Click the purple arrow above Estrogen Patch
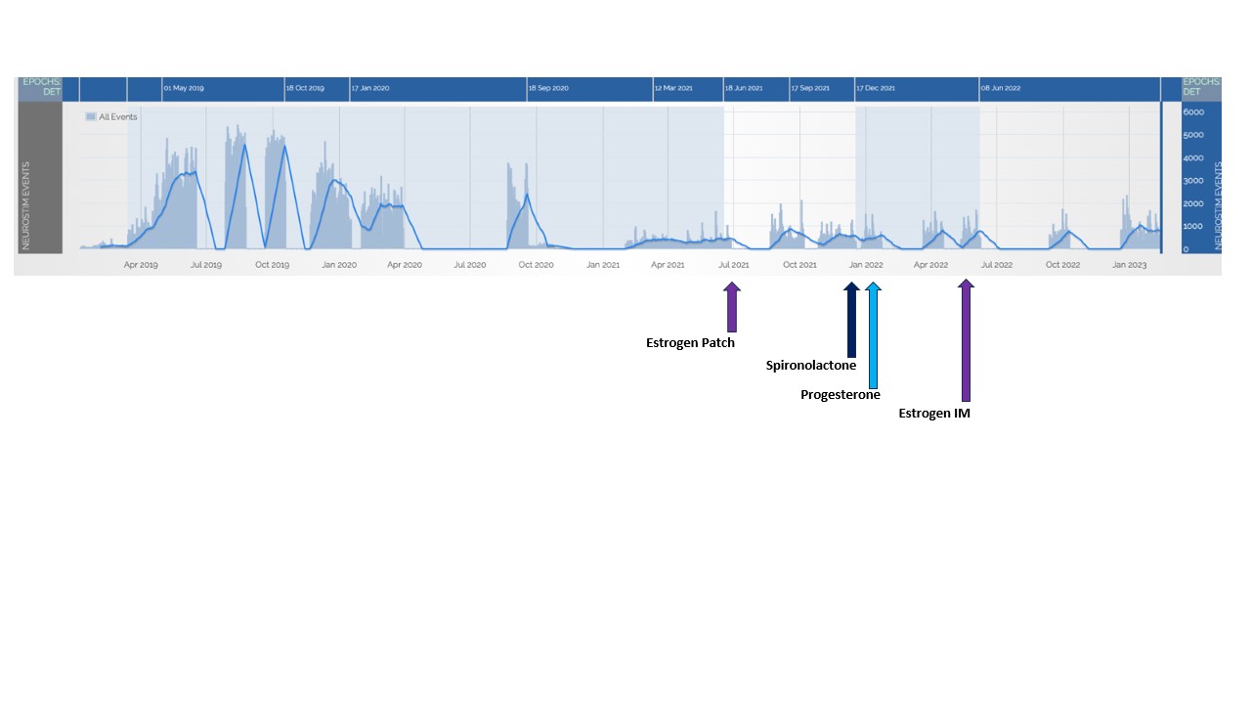(x=731, y=307)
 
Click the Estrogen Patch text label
(x=690, y=343)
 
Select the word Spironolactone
(x=810, y=366)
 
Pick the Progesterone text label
(x=840, y=395)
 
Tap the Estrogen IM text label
(x=934, y=414)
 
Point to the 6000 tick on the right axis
(x=1193, y=112)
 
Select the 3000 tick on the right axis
(x=1193, y=181)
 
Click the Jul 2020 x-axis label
(x=470, y=265)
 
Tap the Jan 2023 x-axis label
(x=1130, y=265)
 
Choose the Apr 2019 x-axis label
(x=141, y=265)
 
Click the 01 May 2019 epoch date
(x=184, y=88)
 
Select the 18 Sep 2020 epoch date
(x=548, y=88)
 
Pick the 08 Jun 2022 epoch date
(x=1001, y=88)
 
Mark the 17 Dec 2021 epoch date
(x=876, y=88)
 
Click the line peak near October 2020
(x=528, y=195)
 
